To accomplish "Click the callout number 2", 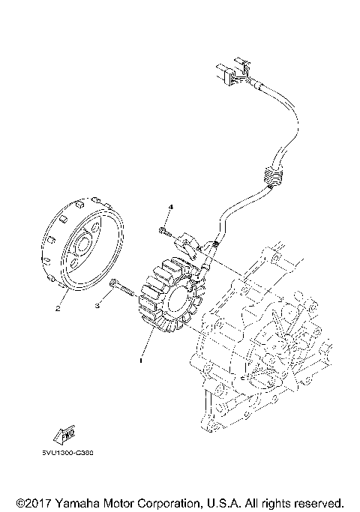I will [x=55, y=307].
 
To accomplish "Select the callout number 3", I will [x=97, y=305].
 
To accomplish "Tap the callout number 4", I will [x=170, y=206].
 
